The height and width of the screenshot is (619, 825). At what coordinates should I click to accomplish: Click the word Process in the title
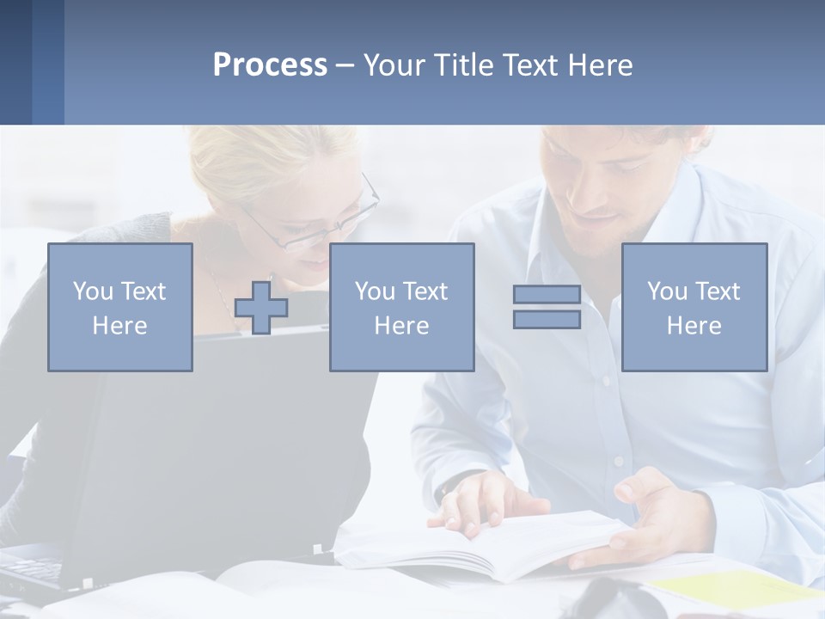[270, 65]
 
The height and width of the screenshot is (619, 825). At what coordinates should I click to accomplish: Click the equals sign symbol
[547, 307]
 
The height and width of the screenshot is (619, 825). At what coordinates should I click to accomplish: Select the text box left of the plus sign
[120, 308]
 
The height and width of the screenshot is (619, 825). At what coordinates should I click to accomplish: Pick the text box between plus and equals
[401, 308]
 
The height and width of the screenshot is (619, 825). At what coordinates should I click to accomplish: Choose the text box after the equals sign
[694, 308]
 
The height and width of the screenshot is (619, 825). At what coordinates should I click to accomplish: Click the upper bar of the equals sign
[547, 295]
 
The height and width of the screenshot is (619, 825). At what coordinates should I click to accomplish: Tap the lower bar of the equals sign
[547, 319]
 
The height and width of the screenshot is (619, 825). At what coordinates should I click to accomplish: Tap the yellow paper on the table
[730, 589]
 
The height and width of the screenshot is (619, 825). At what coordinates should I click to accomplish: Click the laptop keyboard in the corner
[30, 569]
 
